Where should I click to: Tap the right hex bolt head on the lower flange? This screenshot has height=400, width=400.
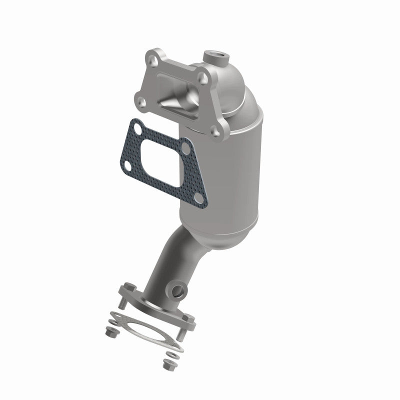(x=188, y=316)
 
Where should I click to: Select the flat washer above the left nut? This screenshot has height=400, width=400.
(x=110, y=322)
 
